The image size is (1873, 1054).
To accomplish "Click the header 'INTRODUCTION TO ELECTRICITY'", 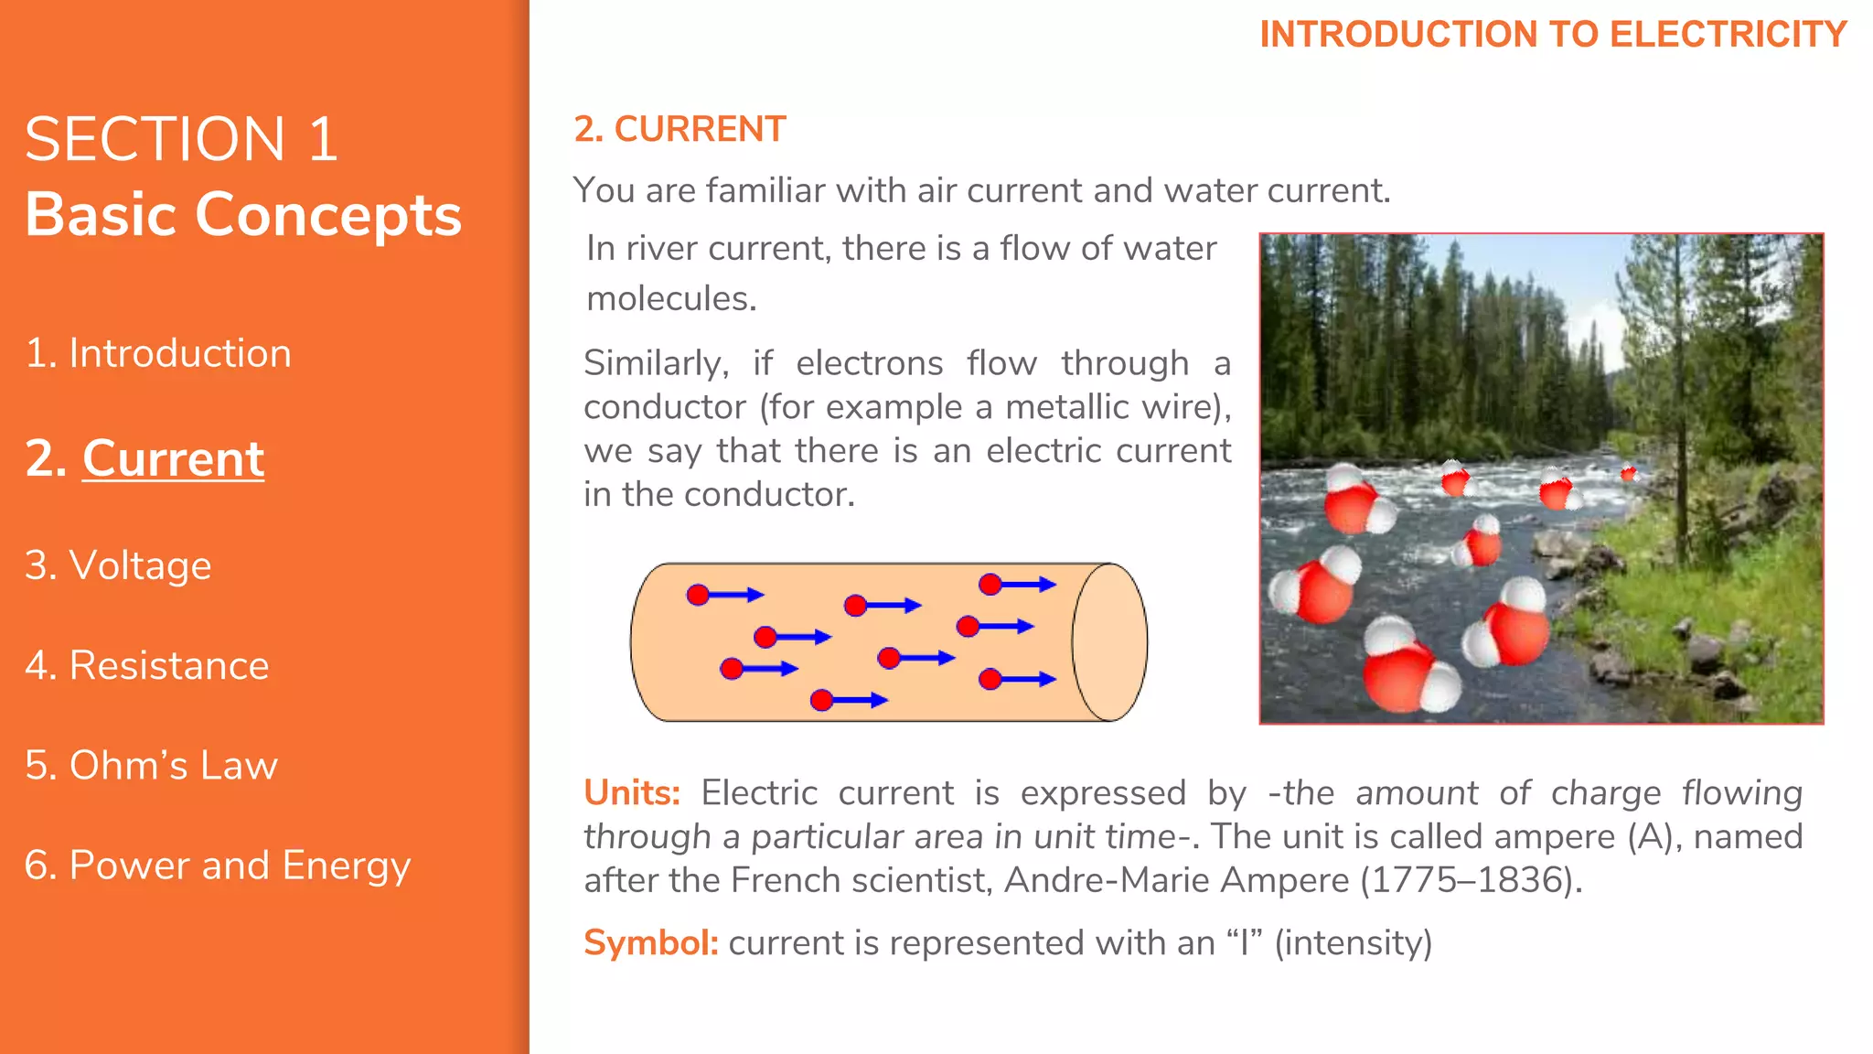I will (x=1553, y=35).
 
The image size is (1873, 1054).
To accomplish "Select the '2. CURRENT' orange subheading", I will (x=680, y=129).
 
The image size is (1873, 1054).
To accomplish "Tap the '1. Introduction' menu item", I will (x=158, y=353).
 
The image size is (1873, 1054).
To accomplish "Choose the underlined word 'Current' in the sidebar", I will (x=173, y=458).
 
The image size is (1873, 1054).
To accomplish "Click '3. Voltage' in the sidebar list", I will (x=118, y=565).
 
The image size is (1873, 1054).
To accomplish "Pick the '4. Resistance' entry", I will (x=147, y=665).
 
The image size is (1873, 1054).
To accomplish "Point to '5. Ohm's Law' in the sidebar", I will (x=151, y=765).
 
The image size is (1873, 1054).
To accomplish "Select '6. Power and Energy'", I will (x=218, y=866).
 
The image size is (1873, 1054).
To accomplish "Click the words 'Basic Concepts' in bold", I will (x=243, y=214).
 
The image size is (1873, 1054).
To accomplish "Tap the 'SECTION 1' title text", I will (x=181, y=139).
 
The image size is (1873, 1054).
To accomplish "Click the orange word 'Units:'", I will (x=632, y=792).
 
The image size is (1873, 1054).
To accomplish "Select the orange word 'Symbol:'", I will (x=651, y=942).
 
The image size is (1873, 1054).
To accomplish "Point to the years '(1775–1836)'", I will (x=1471, y=880).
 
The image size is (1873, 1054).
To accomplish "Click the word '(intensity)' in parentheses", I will (x=1353, y=942).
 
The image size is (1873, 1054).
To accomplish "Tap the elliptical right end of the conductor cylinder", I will (x=1109, y=642).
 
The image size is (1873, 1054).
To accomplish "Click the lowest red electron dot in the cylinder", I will (x=821, y=700).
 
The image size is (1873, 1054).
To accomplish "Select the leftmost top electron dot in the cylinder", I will (x=698, y=596).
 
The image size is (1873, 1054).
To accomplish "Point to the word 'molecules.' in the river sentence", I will (x=671, y=299).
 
